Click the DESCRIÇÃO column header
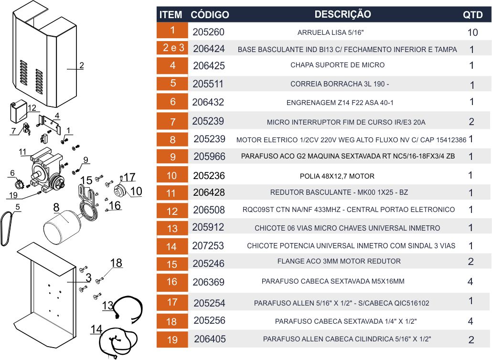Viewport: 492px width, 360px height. pyautogui.click(x=342, y=14)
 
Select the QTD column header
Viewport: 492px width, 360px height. pyautogui.click(x=472, y=15)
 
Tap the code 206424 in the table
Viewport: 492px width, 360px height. pyautogui.click(x=209, y=49)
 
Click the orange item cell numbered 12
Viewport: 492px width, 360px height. pyautogui.click(x=172, y=211)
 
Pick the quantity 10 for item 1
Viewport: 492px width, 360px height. pyautogui.click(x=472, y=32)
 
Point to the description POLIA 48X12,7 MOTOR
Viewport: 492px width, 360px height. pyautogui.click(x=337, y=176)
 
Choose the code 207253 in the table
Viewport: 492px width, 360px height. pyautogui.click(x=208, y=245)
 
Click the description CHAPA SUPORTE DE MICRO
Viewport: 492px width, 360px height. pyautogui.click(x=337, y=65)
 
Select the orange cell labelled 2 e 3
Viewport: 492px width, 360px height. pyautogui.click(x=172, y=48)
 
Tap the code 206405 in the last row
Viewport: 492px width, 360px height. pyautogui.click(x=210, y=339)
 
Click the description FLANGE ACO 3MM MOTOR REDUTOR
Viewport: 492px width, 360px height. pyautogui.click(x=339, y=261)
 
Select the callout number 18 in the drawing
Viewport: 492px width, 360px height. pyautogui.click(x=116, y=263)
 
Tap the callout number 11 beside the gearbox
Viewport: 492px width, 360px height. pyautogui.click(x=22, y=152)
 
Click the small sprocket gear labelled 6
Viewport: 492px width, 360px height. pyautogui.click(x=20, y=183)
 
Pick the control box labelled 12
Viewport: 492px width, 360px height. pyautogui.click(x=19, y=111)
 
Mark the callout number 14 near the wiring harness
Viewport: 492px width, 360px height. pyautogui.click(x=96, y=329)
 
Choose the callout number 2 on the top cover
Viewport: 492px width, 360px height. pyautogui.click(x=82, y=65)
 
